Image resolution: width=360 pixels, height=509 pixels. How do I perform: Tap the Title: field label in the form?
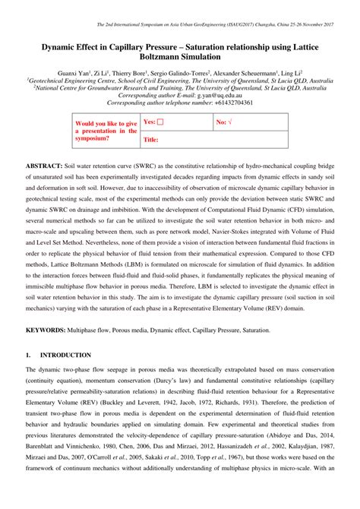[x=150, y=140]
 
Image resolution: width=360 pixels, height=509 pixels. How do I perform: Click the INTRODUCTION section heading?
[x=65, y=355]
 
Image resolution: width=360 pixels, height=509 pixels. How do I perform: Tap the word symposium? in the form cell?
[x=93, y=138]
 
